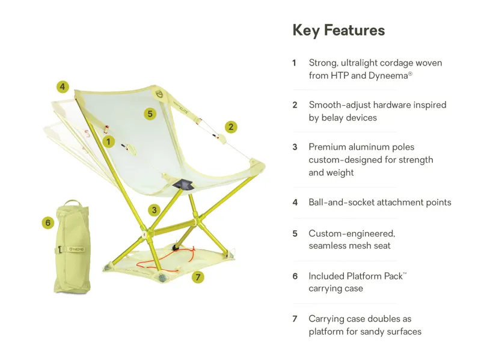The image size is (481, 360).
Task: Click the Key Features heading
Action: point(339,30)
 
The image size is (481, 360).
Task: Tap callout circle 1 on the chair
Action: point(108,142)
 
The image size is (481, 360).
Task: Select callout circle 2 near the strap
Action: point(231,127)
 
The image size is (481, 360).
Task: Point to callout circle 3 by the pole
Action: point(155,210)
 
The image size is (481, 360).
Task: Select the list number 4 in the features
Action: point(295,203)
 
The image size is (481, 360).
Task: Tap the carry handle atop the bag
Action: point(72,203)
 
